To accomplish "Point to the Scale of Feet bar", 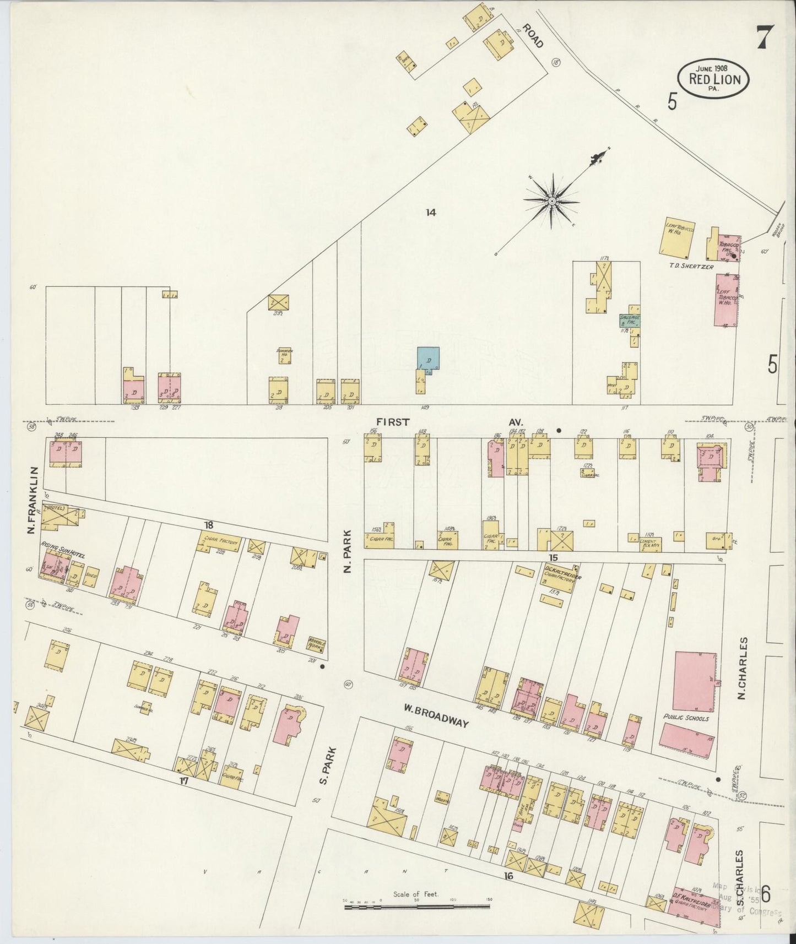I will (x=416, y=906).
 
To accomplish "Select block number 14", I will (x=430, y=212).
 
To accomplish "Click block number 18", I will (x=208, y=525).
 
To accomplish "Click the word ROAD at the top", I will (x=533, y=36).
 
